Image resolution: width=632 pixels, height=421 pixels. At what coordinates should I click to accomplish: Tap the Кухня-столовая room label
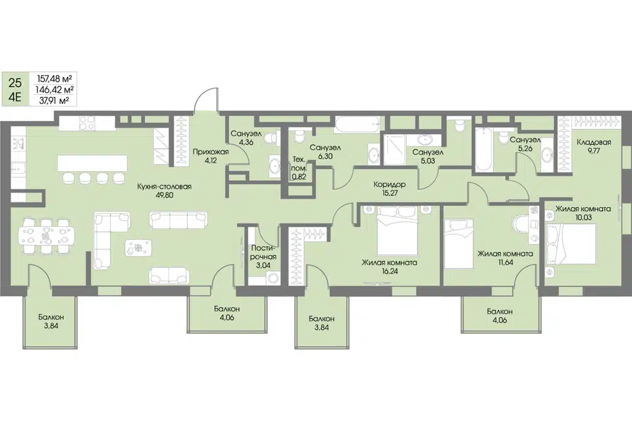point(164,187)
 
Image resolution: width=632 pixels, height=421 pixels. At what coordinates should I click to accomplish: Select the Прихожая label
point(211,152)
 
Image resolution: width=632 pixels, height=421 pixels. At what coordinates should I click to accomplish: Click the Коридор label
point(389,184)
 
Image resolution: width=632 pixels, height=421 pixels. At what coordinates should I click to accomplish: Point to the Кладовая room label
point(594,142)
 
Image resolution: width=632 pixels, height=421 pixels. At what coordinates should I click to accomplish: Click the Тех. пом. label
point(299,164)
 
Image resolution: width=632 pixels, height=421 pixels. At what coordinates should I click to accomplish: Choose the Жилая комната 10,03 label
point(583,212)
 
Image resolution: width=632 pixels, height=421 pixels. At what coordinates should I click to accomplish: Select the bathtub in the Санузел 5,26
point(483,149)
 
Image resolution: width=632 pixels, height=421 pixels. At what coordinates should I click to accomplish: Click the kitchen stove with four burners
point(88,123)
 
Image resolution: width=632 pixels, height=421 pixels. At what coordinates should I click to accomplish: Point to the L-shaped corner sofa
point(103,241)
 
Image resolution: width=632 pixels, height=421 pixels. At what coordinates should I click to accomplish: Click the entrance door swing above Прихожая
point(206,100)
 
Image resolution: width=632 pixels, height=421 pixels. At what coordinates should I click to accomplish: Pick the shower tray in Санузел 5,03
point(394,149)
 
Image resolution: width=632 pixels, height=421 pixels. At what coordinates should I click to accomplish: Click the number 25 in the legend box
point(15,84)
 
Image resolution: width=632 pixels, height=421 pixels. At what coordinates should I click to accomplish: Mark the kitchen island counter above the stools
point(92,162)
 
